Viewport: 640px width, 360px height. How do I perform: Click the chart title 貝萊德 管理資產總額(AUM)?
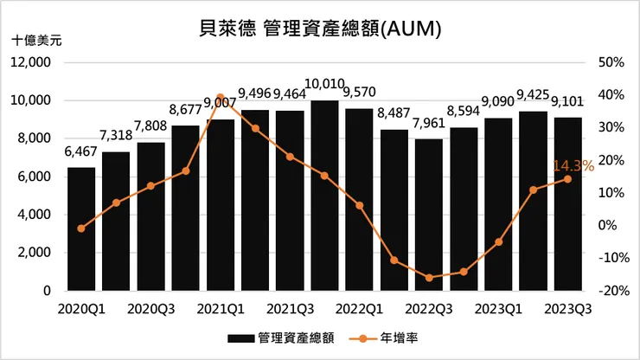[320, 29]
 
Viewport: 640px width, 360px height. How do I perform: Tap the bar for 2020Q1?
[81, 229]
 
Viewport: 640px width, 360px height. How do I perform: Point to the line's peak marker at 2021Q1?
[221, 97]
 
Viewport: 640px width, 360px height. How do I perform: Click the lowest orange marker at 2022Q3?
[429, 278]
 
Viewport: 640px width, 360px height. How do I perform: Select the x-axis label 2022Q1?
[360, 308]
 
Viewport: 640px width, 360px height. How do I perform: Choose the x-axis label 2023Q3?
[568, 308]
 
